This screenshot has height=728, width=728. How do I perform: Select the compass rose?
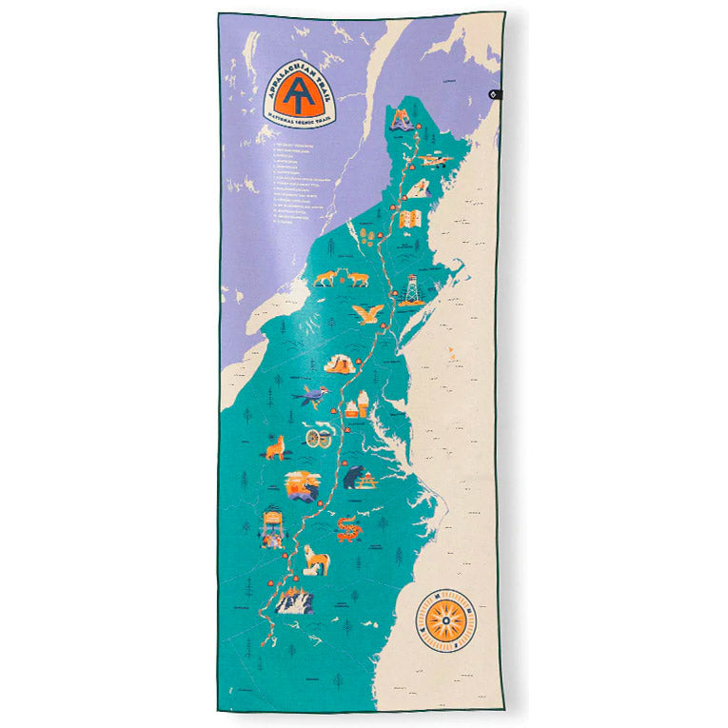tap(444, 621)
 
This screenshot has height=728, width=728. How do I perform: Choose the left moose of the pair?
tap(325, 278)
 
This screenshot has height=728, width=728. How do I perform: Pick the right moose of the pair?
tap(357, 278)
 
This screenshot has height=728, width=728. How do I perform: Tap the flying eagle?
tap(367, 313)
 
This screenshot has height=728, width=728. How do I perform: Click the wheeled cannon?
tap(319, 438)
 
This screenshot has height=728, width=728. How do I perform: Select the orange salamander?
tap(348, 527)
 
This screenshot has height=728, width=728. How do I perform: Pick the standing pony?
tap(315, 560)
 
